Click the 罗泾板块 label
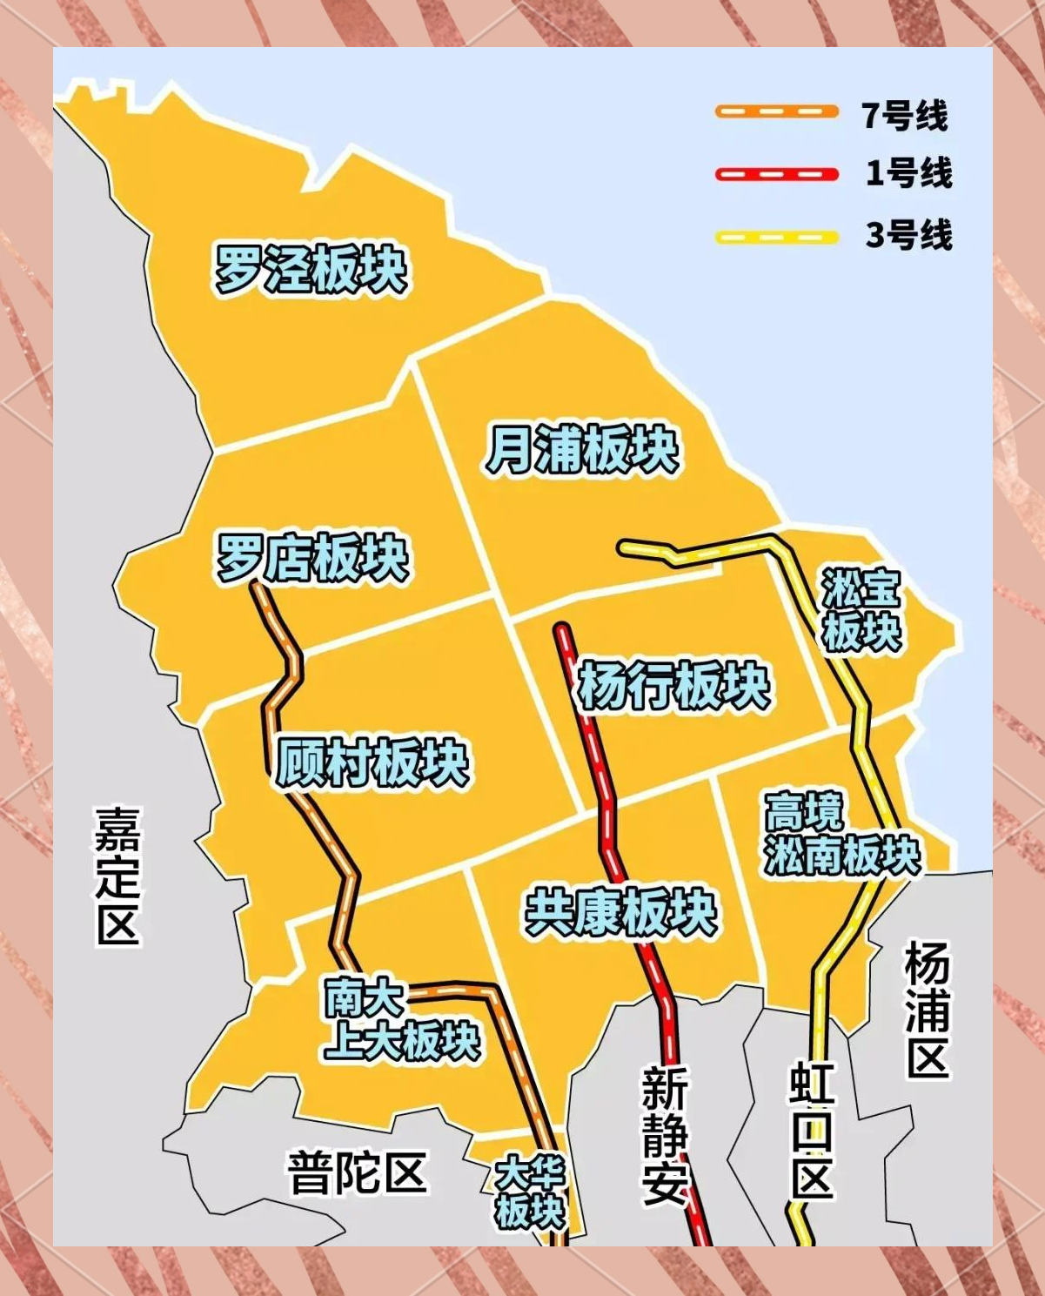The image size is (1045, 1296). click(311, 269)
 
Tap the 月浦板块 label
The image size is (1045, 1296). click(581, 449)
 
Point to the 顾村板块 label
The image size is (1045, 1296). click(372, 763)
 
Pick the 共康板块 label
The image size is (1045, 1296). click(620, 913)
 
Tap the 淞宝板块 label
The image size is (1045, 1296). click(861, 611)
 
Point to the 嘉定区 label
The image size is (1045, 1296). click(117, 876)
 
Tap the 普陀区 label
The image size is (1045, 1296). click(357, 1173)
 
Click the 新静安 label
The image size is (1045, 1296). click(665, 1136)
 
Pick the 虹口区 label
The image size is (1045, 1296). click(812, 1131)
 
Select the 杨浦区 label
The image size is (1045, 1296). click(927, 1010)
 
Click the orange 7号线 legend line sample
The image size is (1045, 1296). click(776, 112)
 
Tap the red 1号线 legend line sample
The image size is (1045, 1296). click(776, 174)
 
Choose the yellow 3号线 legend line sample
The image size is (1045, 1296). click(776, 237)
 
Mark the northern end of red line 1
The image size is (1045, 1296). click(562, 628)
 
